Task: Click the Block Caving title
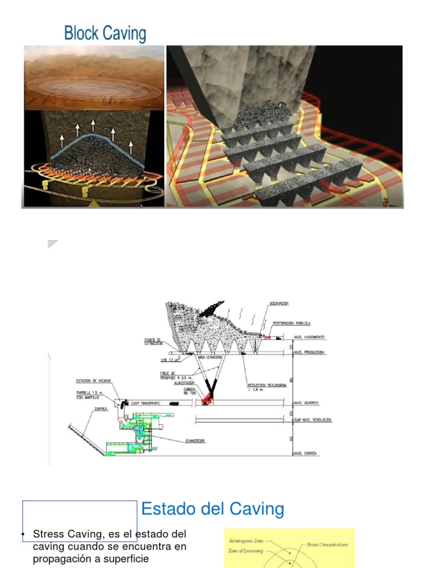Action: (x=105, y=33)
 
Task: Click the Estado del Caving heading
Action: (x=212, y=509)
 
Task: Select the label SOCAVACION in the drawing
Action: (x=279, y=304)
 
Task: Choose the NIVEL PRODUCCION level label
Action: (x=309, y=353)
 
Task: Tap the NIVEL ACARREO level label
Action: (x=307, y=403)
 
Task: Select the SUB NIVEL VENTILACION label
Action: (x=312, y=420)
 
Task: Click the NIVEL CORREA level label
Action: (x=306, y=454)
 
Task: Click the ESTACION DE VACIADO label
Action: (x=94, y=381)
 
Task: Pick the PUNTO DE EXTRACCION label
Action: (x=153, y=342)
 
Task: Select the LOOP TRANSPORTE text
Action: (x=147, y=403)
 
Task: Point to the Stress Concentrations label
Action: (x=327, y=545)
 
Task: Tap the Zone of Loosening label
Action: (x=246, y=551)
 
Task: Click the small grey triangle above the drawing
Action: (x=52, y=244)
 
